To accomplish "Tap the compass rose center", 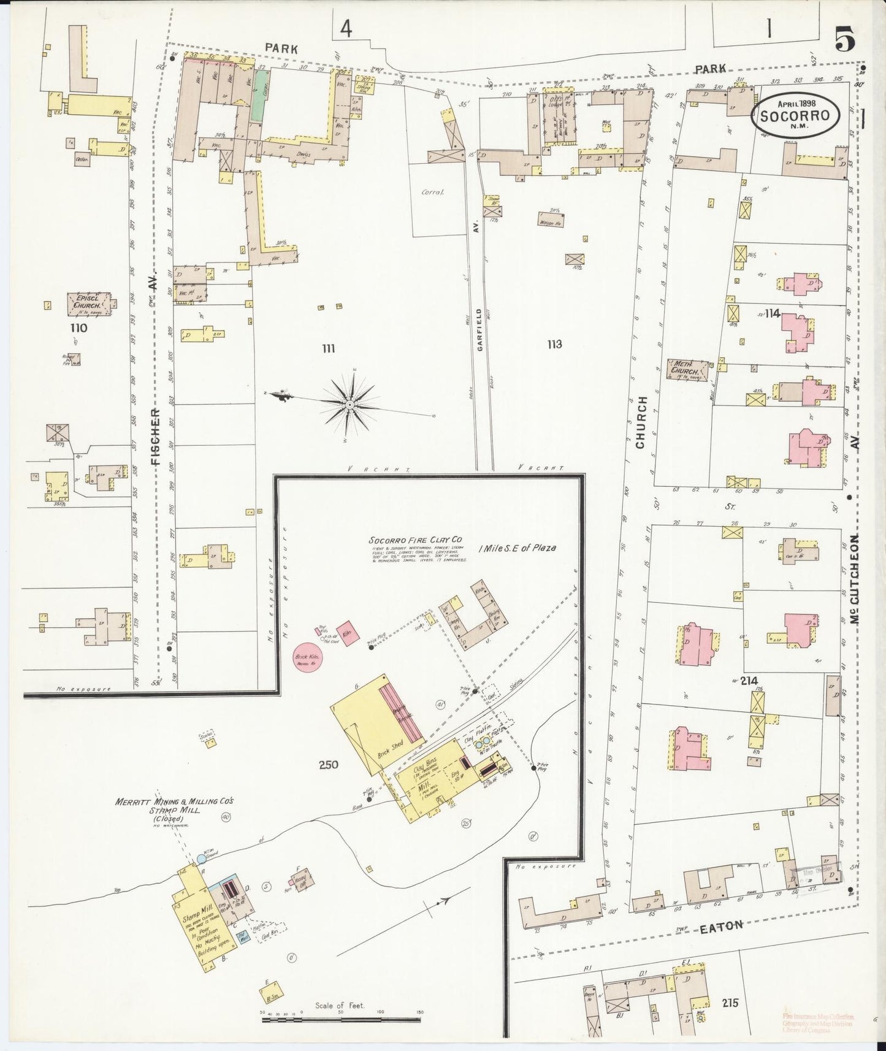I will [349, 405].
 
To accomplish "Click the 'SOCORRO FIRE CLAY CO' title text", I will [416, 540].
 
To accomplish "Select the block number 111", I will [329, 348].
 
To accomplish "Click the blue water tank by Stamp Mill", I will [201, 860].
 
